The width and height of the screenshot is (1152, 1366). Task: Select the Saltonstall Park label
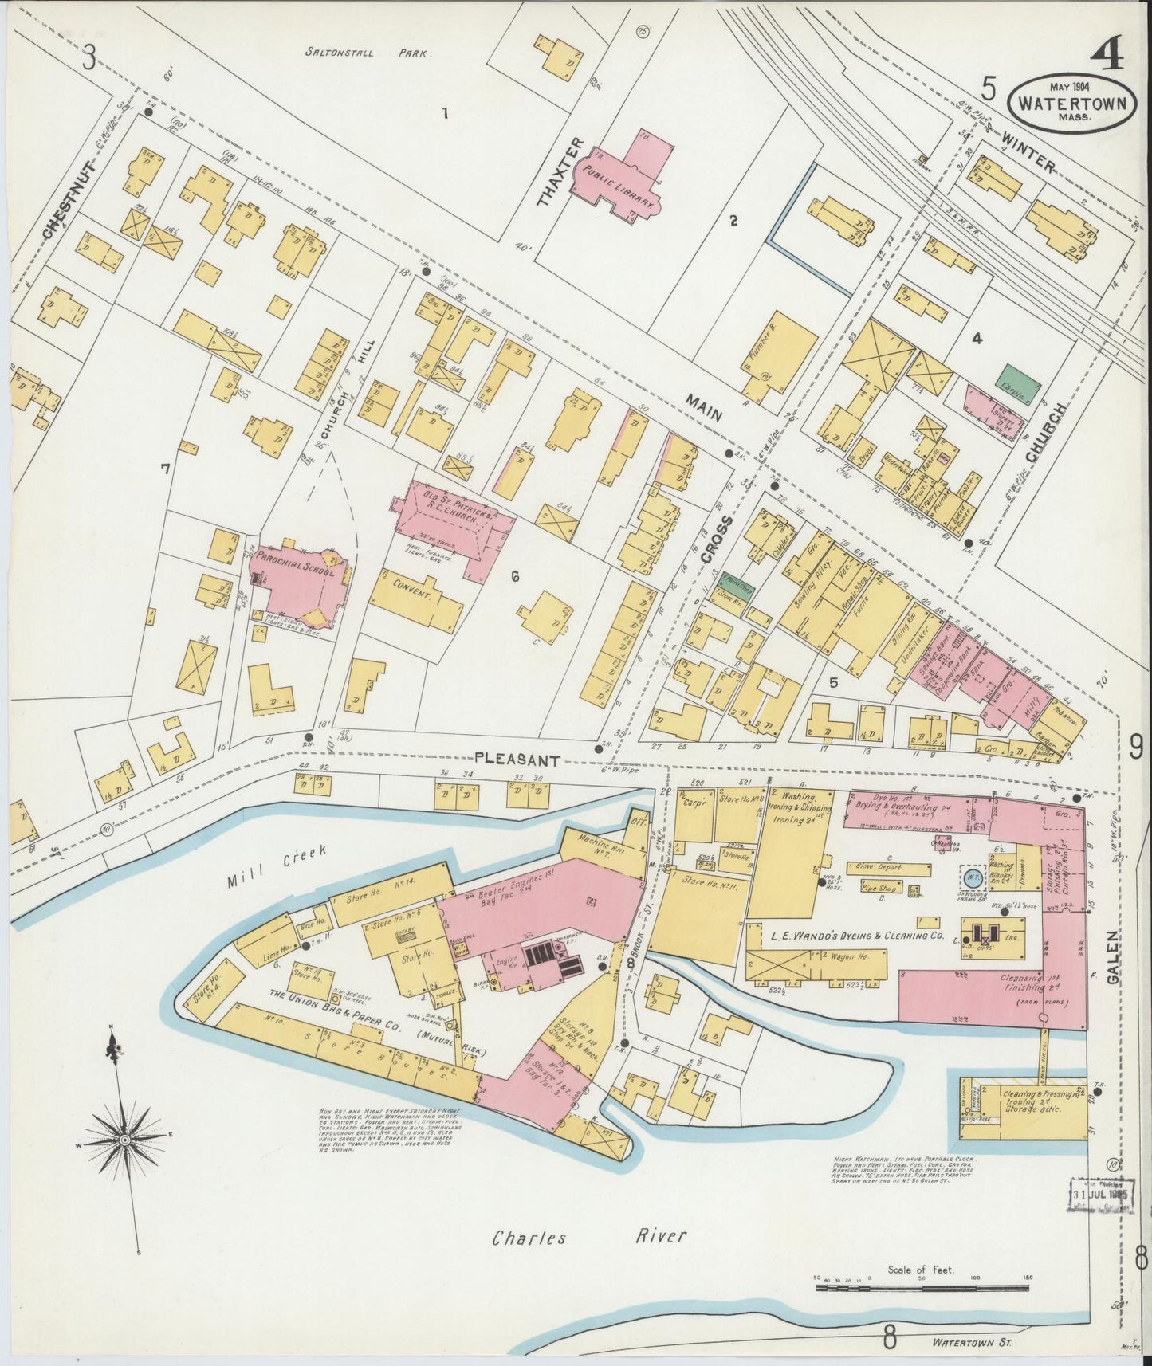[368, 53]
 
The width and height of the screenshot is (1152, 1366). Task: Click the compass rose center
[124, 1141]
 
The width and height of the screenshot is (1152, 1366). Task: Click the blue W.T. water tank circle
[973, 877]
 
